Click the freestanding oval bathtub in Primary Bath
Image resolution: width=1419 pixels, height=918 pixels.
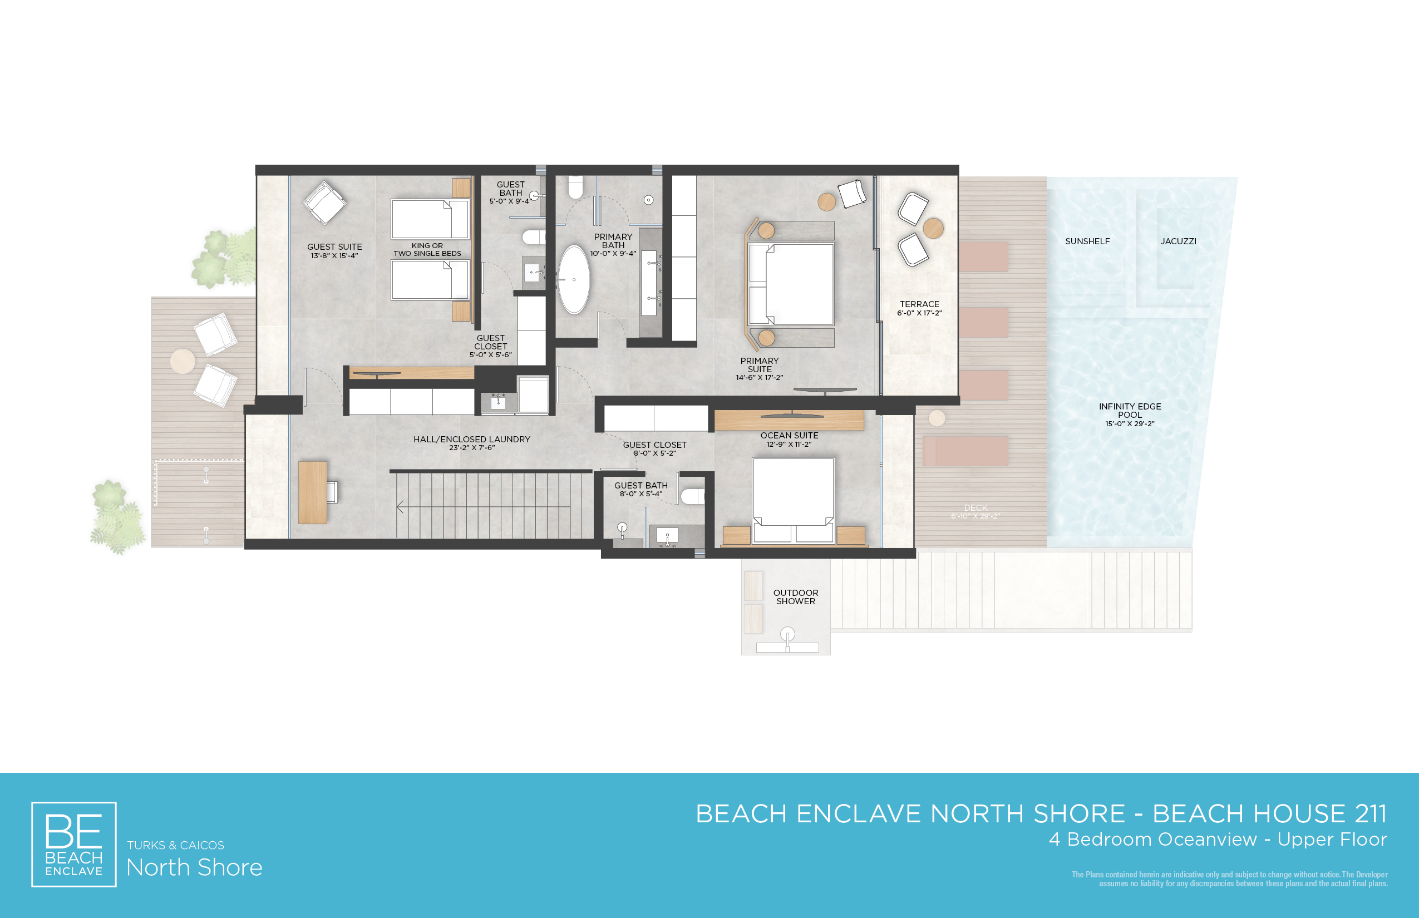click(x=574, y=279)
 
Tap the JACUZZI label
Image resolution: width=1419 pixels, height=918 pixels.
click(x=1178, y=241)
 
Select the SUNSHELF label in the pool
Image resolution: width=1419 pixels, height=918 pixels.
click(x=1087, y=241)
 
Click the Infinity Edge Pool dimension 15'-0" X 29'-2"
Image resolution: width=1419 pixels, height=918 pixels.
click(x=1130, y=424)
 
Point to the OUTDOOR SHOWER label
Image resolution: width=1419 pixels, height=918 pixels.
click(x=795, y=596)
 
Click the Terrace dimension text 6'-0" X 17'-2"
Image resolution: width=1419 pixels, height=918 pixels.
click(x=919, y=313)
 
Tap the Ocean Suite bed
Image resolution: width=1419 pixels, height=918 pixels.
click(x=793, y=500)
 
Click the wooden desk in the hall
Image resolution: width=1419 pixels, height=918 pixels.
click(x=312, y=492)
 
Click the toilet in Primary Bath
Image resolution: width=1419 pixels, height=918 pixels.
click(x=575, y=187)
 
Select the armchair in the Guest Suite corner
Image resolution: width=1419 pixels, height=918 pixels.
click(x=324, y=203)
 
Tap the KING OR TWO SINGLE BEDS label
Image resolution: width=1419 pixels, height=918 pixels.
click(x=427, y=249)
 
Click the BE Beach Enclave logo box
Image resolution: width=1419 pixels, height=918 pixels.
click(x=74, y=844)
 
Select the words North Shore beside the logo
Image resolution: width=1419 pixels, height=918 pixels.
click(x=194, y=867)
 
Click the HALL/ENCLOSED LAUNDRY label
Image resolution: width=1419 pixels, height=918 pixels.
click(x=472, y=440)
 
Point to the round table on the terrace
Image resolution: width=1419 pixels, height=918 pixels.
click(x=933, y=228)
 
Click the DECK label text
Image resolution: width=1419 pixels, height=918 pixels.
click(x=975, y=508)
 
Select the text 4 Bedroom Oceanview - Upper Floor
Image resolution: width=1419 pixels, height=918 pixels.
click(x=1218, y=840)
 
